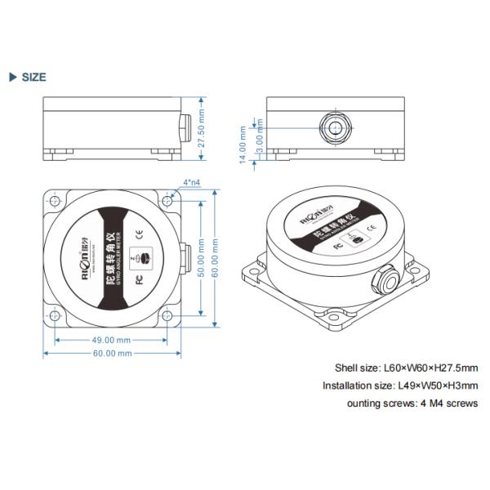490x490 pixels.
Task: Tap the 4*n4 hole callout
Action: [x=192, y=182]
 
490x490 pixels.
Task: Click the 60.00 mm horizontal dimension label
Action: [x=112, y=354]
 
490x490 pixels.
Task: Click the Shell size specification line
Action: [x=406, y=367]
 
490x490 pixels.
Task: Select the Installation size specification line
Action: [x=399, y=385]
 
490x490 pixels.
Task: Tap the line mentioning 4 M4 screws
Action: [x=412, y=403]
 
